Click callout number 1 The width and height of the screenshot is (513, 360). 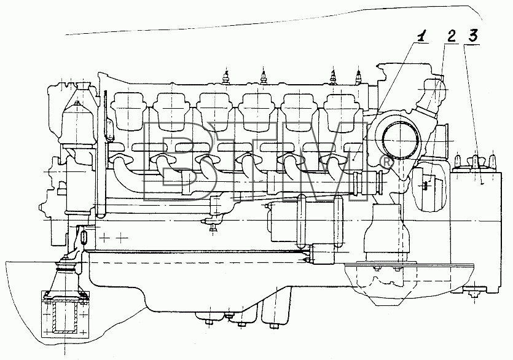coord(422,36)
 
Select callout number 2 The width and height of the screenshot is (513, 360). coord(451,36)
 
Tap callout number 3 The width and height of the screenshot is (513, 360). coord(472,36)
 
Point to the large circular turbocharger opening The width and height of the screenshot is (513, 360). coord(401,140)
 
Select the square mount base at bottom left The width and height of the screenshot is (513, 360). coord(65,313)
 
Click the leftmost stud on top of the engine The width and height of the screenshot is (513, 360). coord(225,77)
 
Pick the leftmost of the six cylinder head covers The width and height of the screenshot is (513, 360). coord(129,112)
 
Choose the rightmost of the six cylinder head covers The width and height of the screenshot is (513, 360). coord(343,112)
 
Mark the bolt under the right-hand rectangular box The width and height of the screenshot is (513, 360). coord(472,294)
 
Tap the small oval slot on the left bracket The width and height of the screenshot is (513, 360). coord(84,237)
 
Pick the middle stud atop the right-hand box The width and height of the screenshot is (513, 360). coord(475,160)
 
